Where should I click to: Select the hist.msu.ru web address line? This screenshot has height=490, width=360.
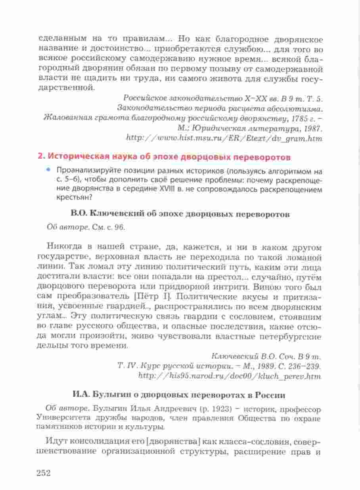[x=224, y=138]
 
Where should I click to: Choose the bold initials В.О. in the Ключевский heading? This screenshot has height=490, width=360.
[x=80, y=214]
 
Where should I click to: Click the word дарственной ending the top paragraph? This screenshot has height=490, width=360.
[x=67, y=87]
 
